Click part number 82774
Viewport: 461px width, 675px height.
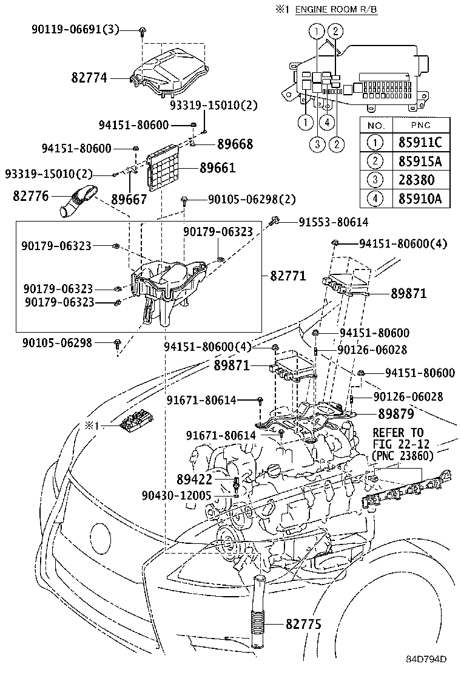[89, 78]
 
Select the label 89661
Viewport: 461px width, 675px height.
[217, 168]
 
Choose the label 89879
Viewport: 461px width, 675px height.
[396, 415]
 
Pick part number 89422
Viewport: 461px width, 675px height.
[194, 480]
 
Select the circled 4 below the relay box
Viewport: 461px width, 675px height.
[327, 123]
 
